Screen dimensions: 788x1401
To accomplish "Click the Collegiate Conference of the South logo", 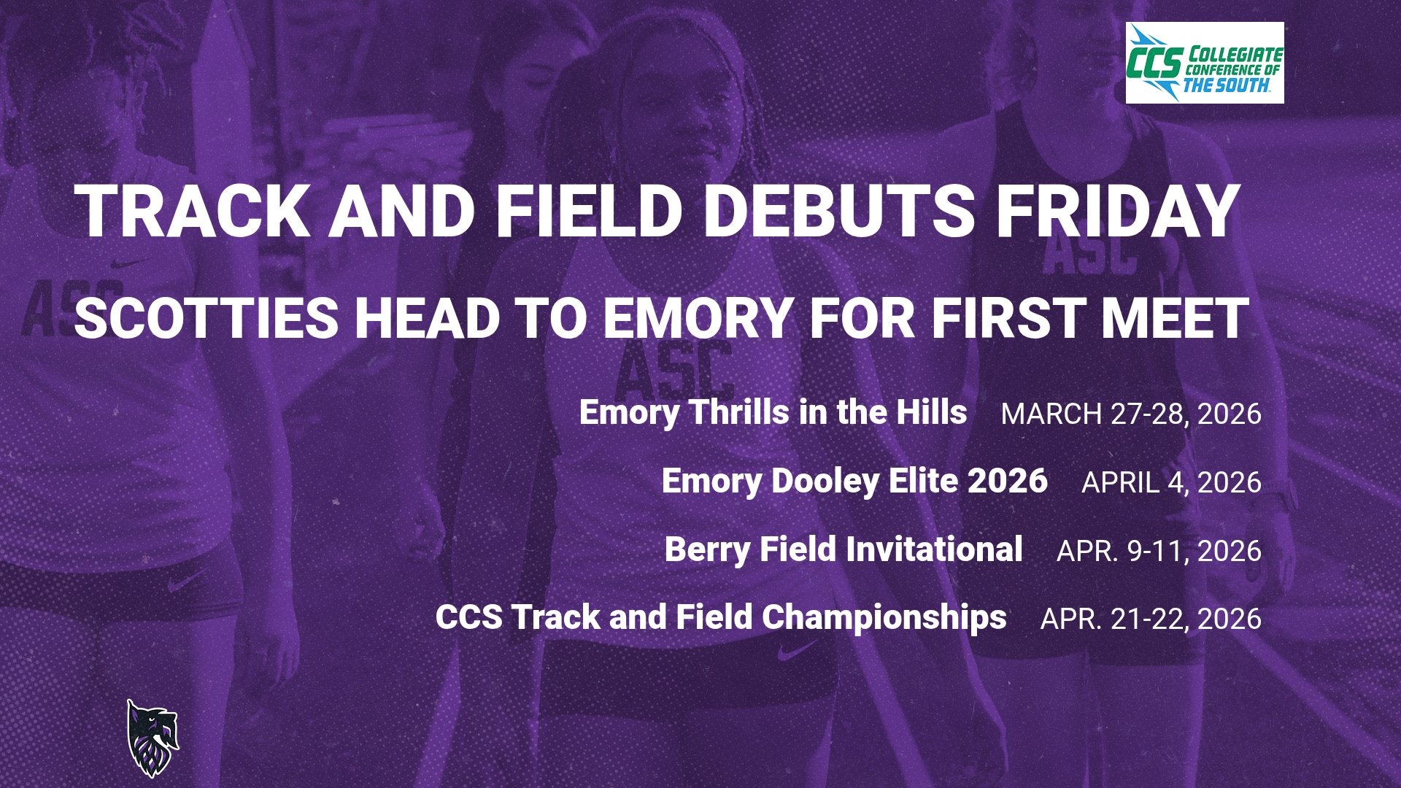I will [1205, 63].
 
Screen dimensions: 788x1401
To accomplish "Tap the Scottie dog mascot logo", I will [152, 738].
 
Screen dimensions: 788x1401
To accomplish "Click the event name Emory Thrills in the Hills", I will [773, 412].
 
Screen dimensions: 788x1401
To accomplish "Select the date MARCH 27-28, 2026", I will [1131, 414].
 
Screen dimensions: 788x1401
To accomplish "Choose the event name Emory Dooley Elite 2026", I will [854, 481].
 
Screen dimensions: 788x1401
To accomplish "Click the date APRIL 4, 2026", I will [1171, 482].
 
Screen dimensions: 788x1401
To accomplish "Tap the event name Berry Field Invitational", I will [843, 549].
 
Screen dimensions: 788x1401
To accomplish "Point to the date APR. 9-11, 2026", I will [1159, 550].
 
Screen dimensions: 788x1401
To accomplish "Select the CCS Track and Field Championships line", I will [721, 617].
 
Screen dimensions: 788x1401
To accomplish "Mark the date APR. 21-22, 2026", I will [1151, 619].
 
